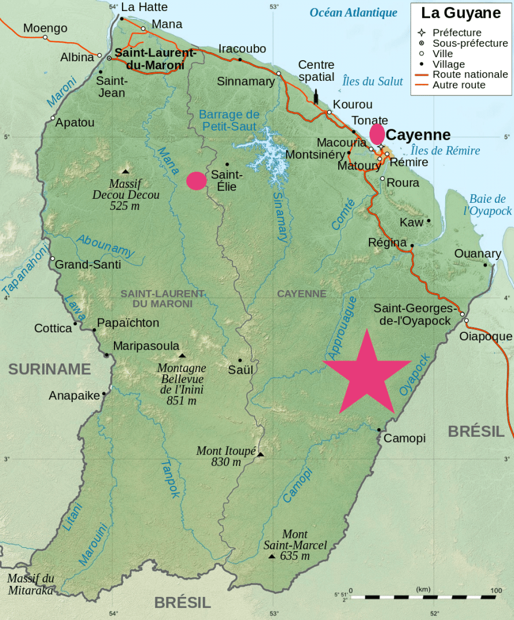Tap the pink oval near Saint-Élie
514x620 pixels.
point(197,181)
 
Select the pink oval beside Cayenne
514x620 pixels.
point(377,133)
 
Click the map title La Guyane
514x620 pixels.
point(460,13)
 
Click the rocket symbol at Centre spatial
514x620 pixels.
point(316,96)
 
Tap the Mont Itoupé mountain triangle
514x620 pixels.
point(260,455)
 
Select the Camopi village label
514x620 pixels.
point(405,439)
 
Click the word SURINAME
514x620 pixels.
point(50,369)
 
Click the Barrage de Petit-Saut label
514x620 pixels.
point(230,120)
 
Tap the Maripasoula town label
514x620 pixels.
point(146,346)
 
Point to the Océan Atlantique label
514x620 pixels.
point(353,13)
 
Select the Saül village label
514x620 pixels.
point(241,370)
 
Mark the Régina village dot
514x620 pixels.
point(412,246)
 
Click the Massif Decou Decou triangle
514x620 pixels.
point(125,171)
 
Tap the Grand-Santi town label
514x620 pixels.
point(88,265)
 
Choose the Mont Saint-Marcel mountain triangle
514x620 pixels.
point(272,556)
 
